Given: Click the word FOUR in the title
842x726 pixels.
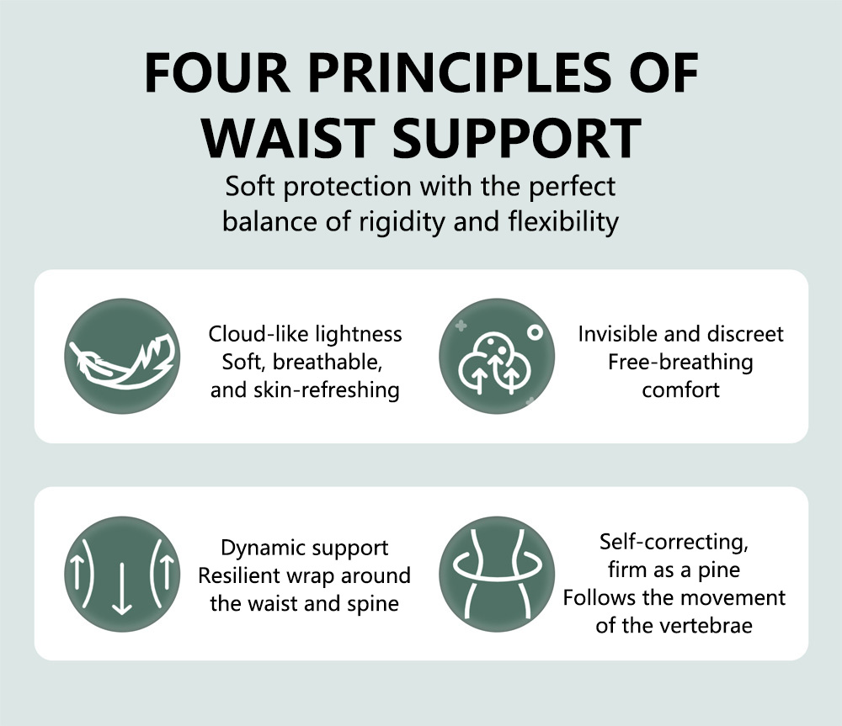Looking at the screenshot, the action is [217, 72].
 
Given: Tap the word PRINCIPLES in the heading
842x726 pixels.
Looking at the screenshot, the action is [461, 72].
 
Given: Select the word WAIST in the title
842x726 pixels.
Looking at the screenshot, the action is [288, 138].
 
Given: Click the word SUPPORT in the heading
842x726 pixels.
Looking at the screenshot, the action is [517, 138].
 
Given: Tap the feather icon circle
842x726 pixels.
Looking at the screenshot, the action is [122, 357].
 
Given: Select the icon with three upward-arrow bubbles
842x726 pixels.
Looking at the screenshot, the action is [497, 357].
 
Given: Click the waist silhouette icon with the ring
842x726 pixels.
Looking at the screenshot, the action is [497, 574].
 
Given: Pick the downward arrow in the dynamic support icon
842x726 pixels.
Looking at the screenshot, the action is [122, 588].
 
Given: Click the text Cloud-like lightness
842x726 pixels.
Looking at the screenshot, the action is [305, 334].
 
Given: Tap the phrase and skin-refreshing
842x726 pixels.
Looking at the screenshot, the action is [305, 390].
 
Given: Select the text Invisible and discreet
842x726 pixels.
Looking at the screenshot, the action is [680, 334].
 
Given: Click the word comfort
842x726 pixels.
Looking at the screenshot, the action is [680, 390].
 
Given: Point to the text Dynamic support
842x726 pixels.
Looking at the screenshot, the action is [305, 548].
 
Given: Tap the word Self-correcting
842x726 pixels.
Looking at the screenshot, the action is [674, 542].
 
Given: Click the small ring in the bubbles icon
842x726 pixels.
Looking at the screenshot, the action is [535, 332].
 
